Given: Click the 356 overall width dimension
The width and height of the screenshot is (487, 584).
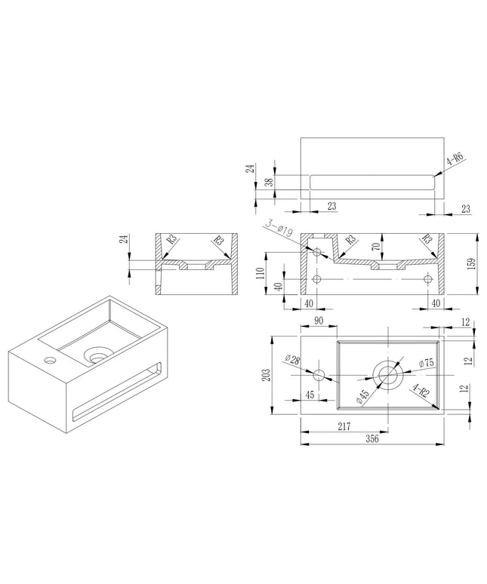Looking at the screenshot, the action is tap(371, 438).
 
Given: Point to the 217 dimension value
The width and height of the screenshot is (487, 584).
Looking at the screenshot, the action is tap(344, 426).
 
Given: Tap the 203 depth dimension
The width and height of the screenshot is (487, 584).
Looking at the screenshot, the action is tap(266, 376).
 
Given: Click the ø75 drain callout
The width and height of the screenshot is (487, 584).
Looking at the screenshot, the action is tap(426, 363).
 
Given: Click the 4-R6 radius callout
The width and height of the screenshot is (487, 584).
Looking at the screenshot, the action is tap(455, 159).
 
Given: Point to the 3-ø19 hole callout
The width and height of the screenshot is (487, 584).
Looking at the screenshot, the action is tap(279, 229).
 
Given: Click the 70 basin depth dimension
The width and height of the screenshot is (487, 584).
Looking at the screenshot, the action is tap(376, 247).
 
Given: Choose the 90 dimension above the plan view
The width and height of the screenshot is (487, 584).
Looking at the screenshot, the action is tap(319, 321).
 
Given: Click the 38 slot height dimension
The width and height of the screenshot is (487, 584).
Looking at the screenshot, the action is tap(270, 182).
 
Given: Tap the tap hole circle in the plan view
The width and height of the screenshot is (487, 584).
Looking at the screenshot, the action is tap(319, 375).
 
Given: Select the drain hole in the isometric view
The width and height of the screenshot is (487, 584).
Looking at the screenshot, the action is tap(98, 355).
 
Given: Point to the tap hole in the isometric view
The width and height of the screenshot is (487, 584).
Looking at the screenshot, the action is tap(50, 360).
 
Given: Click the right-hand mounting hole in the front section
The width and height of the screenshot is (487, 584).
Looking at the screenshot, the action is tap(428, 278).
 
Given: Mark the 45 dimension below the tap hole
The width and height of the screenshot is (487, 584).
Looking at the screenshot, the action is tap(310, 395).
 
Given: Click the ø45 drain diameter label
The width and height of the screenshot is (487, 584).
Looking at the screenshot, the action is tap(362, 398).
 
